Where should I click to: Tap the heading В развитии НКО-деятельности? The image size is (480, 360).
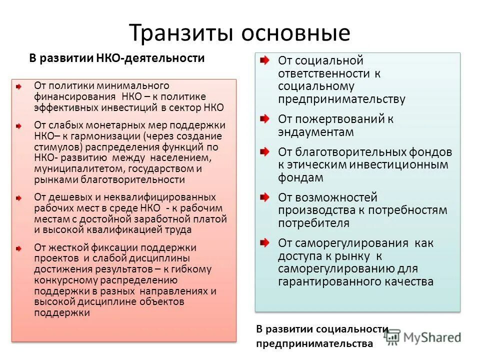(x=116, y=58)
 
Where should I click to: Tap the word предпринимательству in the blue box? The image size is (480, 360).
(x=342, y=99)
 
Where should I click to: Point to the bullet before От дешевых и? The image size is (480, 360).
(x=18, y=198)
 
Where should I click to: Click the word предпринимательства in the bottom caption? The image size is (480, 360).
(x=314, y=344)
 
